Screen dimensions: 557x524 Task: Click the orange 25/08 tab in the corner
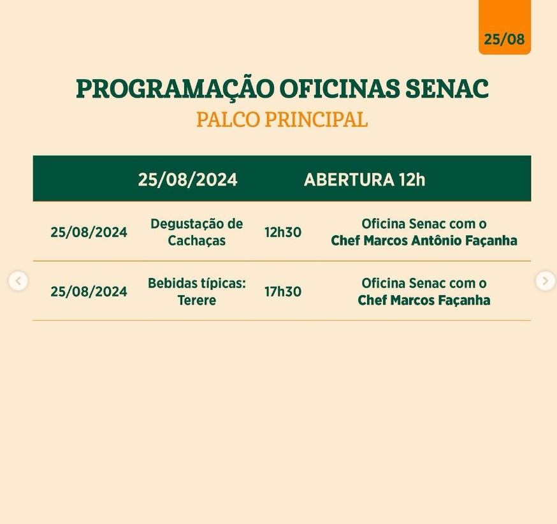505,27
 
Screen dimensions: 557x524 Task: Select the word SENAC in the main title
447,89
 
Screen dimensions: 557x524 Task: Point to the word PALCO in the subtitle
228,119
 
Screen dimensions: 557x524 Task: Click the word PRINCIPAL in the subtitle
316,119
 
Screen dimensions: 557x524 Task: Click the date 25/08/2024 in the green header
187,179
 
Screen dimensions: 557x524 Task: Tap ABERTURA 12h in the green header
365,179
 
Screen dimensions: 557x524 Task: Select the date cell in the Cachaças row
89,232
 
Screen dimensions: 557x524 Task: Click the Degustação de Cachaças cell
197,232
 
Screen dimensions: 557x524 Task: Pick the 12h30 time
283,232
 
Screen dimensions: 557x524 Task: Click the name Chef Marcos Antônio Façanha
424,240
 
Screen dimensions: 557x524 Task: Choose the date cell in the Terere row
89,292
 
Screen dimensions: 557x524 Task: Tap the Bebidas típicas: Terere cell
197,292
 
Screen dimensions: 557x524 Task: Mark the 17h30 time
283,292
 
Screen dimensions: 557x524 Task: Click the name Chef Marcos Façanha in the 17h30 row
424,300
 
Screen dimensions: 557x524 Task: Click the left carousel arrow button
18,281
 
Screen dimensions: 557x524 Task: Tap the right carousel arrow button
546,281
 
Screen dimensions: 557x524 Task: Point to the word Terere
197,300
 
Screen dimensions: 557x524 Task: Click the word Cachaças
197,241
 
